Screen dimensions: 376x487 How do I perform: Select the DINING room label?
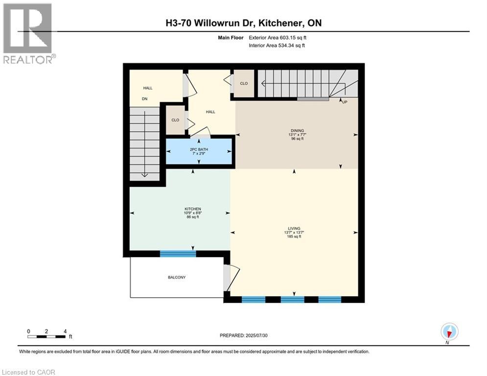click(x=297, y=131)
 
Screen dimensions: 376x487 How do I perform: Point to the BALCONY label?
click(x=176, y=278)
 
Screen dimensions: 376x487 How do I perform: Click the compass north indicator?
click(x=449, y=331)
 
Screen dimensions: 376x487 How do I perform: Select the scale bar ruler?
click(x=46, y=337)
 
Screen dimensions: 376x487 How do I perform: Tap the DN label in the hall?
click(x=144, y=99)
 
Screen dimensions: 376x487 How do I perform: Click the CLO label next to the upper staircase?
click(x=244, y=84)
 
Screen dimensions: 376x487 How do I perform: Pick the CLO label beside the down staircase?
click(x=175, y=120)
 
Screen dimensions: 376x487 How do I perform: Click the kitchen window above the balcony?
click(x=178, y=254)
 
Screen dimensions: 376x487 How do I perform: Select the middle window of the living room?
click(x=292, y=300)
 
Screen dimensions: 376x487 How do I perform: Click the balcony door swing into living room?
click(x=232, y=277)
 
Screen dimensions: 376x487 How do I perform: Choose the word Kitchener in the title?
click(x=279, y=23)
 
